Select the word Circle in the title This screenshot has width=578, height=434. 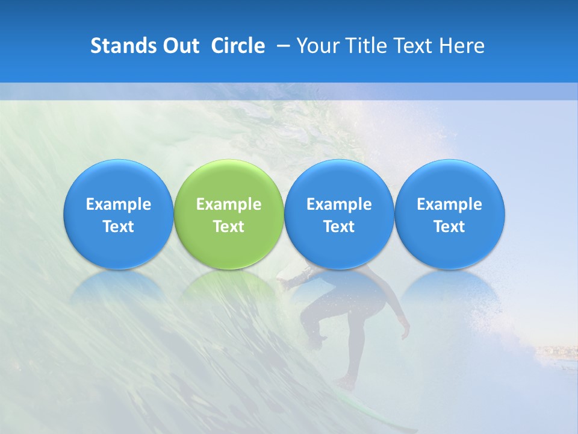tap(238, 46)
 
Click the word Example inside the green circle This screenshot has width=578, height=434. tap(229, 204)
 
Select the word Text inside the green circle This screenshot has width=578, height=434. tap(229, 227)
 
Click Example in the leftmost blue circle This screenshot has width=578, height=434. tap(119, 204)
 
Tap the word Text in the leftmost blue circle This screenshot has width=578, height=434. tap(119, 227)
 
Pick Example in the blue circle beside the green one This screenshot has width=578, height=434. tap(339, 204)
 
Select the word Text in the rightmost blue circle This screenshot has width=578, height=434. tap(450, 227)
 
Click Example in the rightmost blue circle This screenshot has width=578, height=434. tap(450, 204)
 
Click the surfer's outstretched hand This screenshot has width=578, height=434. tap(283, 280)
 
